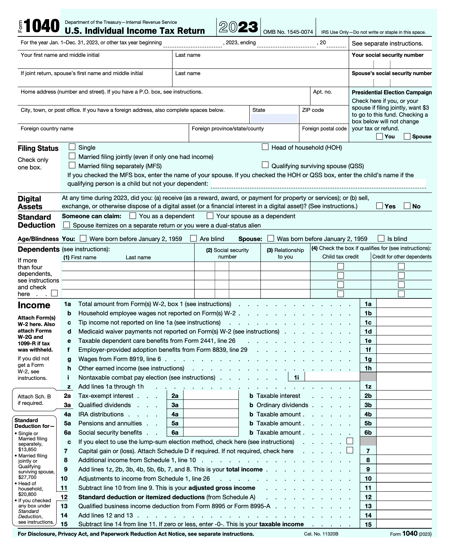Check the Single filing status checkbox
[72, 147]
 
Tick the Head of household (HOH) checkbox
[265, 147]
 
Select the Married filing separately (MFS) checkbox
[72, 165]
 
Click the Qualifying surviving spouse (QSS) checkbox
[265, 165]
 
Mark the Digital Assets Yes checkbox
[379, 206]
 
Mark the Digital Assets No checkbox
[407, 206]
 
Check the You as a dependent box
[133, 216]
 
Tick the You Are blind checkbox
[193, 238]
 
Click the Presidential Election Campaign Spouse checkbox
[407, 136]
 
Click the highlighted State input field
[274, 118]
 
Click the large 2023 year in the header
[238, 27]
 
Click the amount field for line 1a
[404, 304]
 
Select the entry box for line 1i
[332, 377]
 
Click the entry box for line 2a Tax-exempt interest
[211, 396]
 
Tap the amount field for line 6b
[404, 432]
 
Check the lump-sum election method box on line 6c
[350, 441]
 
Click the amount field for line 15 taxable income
[404, 524]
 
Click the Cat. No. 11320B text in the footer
[321, 534]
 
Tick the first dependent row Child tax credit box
[341, 266]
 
